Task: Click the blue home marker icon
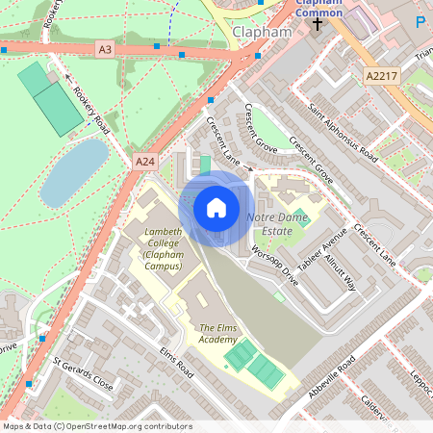pyautogui.click(x=216, y=208)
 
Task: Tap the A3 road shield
pyautogui.click(x=106, y=48)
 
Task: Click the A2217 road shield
pyautogui.click(x=381, y=75)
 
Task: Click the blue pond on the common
pyautogui.click(x=73, y=170)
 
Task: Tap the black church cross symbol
pyautogui.click(x=318, y=21)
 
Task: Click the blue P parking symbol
pyautogui.click(x=420, y=21)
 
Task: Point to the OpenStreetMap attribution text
pyautogui.click(x=97, y=426)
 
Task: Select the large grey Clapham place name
pyautogui.click(x=262, y=32)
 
